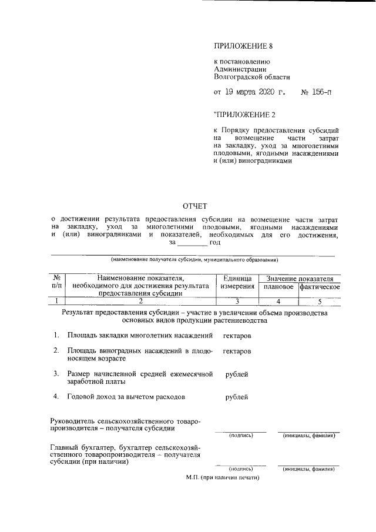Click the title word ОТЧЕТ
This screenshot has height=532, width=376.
(196, 206)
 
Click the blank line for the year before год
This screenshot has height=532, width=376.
(192, 243)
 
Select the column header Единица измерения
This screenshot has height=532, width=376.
(237, 283)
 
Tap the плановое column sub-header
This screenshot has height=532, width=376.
(278, 287)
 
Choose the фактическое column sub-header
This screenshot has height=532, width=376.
(320, 287)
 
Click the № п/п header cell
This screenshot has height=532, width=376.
(57, 283)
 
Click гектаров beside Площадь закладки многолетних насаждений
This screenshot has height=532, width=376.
(237, 336)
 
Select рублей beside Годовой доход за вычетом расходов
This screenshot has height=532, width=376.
(237, 397)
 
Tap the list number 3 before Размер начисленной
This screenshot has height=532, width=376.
(56, 373)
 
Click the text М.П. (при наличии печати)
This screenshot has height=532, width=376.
(223, 477)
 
